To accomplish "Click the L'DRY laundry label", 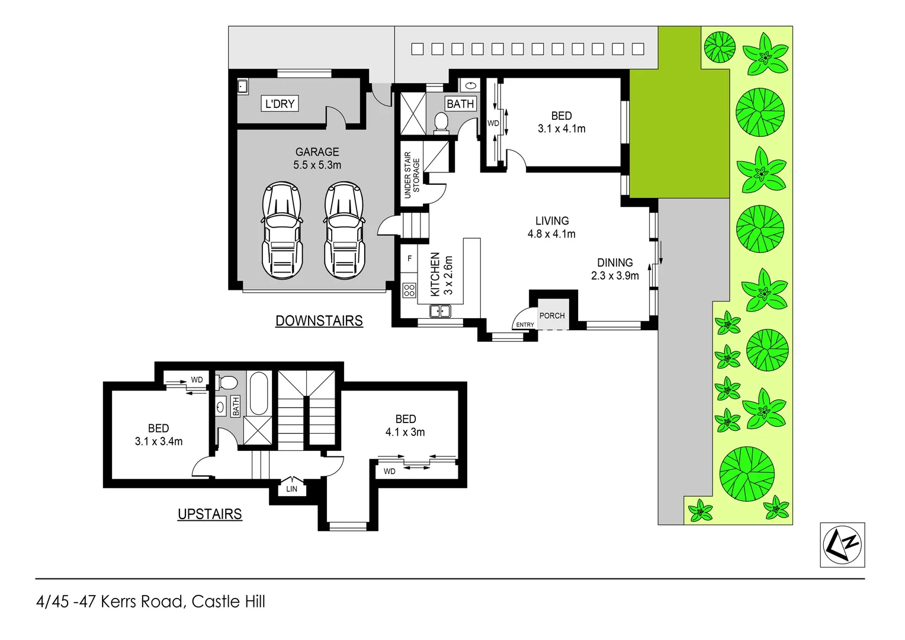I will pos(280,104).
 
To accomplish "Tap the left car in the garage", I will pos(282,231).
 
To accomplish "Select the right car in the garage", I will pos(345,231).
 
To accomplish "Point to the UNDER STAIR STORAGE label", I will pos(412,175).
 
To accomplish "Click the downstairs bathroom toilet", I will pos(441,123).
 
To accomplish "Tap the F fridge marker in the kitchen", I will pos(409,259).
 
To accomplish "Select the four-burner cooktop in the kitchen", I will pos(409,290).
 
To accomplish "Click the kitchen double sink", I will pos(440,311).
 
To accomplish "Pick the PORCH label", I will pos(552,316).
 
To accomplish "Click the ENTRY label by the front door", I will pos(525,325).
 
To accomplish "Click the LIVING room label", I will pos(552,221).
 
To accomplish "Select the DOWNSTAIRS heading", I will pos(319,321).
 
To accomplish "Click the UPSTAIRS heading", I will pos(210,514).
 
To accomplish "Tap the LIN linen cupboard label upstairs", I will pos(292,489).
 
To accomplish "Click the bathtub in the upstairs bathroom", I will pos(259,393).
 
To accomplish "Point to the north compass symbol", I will pos(842,545).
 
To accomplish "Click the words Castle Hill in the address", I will pos(229,601).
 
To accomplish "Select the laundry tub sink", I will pos(242,87).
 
